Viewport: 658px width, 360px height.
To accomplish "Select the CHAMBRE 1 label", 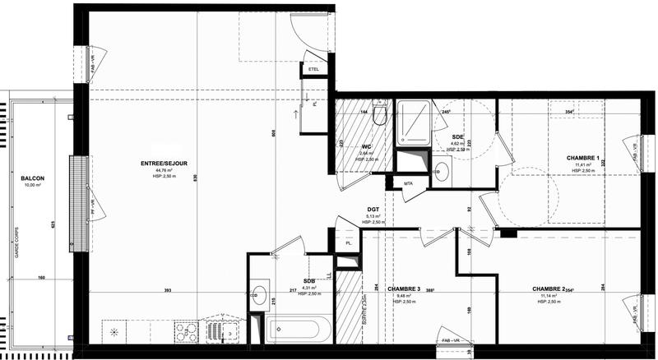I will (583, 157).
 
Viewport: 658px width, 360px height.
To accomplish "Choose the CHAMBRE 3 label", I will (404, 288).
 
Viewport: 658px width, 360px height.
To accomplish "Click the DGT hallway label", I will (373, 210).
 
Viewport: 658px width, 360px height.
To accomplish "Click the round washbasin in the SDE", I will (441, 171).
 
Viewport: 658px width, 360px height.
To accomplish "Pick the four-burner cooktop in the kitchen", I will (186, 331).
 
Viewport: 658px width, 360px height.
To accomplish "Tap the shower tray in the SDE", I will (412, 123).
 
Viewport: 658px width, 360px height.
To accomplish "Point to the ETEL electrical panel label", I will (313, 70).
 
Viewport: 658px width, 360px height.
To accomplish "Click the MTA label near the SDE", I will (408, 182).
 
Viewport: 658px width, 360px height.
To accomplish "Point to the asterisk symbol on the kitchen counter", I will (114, 332).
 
